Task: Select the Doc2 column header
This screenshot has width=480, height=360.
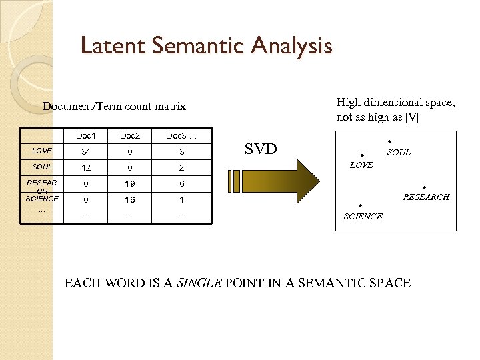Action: [x=130, y=136]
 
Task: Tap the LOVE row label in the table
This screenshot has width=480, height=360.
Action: [x=41, y=151]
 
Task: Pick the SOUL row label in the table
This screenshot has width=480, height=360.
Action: [x=41, y=167]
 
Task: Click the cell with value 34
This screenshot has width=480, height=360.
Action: [x=85, y=151]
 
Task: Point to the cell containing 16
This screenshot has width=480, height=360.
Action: [x=130, y=200]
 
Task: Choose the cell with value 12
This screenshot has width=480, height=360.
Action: [x=85, y=167]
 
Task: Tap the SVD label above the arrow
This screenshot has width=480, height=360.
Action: [x=261, y=149]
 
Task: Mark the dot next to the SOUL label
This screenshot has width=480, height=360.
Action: [x=389, y=142]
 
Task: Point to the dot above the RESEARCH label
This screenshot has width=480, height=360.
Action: [x=424, y=188]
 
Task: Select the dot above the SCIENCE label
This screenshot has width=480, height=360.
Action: [x=359, y=205]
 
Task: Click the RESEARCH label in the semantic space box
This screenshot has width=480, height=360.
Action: [x=426, y=197]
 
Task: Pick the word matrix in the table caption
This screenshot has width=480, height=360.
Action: [x=169, y=107]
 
